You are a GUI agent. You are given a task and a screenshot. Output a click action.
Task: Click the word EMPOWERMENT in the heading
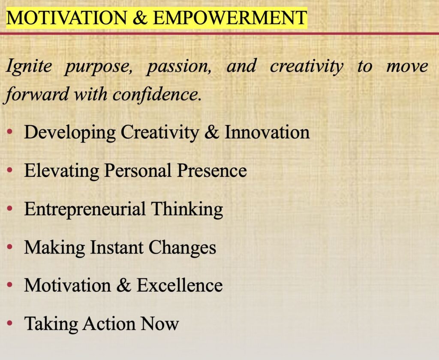pos(230,18)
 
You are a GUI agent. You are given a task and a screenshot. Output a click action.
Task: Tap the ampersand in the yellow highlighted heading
pos(140,18)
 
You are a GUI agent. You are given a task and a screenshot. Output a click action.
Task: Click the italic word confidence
pos(157,94)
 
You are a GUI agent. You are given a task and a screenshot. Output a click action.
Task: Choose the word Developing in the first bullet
pos(70,133)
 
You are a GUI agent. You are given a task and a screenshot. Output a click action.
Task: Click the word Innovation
pos(267,132)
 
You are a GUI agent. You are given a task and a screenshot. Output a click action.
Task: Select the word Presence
pos(212,170)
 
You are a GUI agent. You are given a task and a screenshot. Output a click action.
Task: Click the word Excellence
pos(180,285)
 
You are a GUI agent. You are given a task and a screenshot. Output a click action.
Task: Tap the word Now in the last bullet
pos(159,324)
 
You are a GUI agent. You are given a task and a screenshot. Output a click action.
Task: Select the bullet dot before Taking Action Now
pos(10,323)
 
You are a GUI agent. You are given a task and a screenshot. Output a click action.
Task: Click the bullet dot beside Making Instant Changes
pos(10,247)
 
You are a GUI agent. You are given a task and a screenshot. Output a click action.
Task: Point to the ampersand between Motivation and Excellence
pos(123,285)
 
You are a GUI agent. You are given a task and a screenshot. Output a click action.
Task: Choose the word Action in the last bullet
pos(109,324)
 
